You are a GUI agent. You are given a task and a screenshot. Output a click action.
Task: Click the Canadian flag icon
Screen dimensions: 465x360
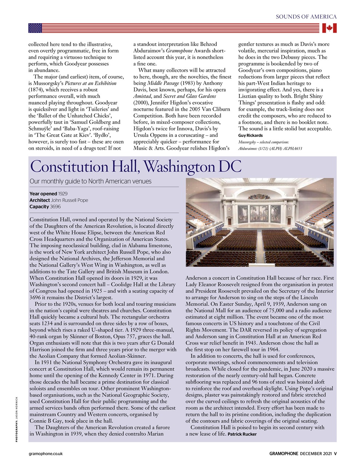[329, 28]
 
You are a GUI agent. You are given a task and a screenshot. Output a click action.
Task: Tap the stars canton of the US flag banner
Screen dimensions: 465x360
[35, 28]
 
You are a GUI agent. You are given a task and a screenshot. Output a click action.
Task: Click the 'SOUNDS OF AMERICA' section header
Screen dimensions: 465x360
[306, 17]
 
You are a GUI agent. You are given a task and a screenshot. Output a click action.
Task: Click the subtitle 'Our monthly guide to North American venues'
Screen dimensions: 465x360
[91, 181]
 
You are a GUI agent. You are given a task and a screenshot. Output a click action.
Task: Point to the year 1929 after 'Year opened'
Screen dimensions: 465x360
[63, 194]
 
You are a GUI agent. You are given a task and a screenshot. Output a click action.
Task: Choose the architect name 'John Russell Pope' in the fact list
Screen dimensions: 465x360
[69, 200]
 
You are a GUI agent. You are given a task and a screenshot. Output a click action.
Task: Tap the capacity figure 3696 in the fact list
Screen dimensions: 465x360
[55, 207]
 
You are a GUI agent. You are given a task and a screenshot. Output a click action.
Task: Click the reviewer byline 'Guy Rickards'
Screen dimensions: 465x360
[251, 136]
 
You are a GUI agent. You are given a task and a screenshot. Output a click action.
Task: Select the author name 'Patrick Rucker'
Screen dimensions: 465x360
[242, 434]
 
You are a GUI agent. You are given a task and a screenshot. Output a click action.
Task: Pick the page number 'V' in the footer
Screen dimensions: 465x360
[335, 453]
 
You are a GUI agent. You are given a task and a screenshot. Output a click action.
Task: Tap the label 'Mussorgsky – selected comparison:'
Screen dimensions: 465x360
[264, 142]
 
